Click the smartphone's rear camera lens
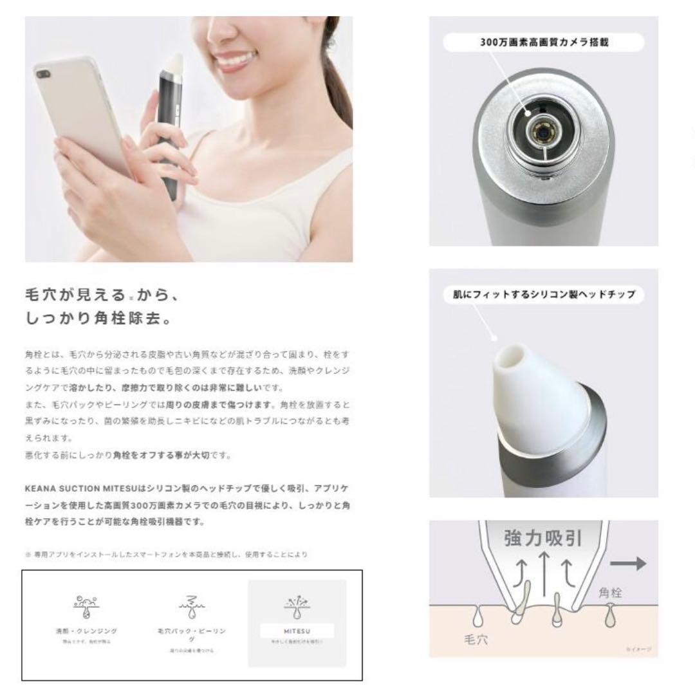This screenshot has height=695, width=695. (44, 75)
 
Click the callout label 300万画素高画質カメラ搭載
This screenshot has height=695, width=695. (544, 42)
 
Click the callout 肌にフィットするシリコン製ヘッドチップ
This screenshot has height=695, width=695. (544, 294)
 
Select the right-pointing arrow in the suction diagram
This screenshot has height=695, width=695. (627, 564)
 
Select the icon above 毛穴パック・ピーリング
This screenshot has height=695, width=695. (192, 604)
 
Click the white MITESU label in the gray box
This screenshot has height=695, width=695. (297, 631)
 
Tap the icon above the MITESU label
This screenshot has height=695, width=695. (297, 603)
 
